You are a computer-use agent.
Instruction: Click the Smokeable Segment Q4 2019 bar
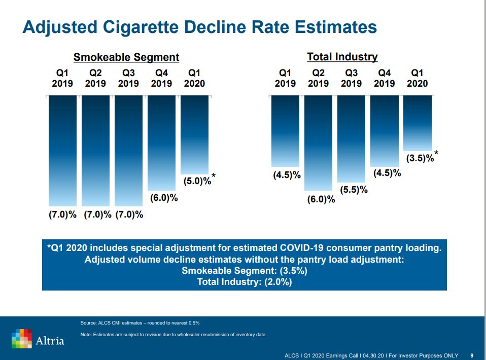click(161, 142)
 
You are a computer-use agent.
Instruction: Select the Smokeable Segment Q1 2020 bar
click(194, 134)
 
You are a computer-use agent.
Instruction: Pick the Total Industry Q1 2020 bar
click(417, 123)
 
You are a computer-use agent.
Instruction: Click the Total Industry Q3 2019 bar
click(351, 138)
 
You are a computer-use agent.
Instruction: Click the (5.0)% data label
click(197, 181)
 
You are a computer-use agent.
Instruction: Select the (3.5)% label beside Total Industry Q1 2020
click(420, 158)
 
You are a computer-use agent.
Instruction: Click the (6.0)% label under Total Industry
click(321, 199)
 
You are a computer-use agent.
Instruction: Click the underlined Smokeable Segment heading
click(126, 57)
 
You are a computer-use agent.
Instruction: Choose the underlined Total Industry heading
click(342, 57)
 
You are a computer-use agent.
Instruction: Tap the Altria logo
click(38, 338)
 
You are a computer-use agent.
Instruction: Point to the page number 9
click(472, 355)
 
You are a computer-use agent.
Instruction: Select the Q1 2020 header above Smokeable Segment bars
click(194, 78)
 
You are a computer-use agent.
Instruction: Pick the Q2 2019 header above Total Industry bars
click(318, 78)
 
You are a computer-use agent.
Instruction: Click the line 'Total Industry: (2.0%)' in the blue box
click(245, 282)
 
